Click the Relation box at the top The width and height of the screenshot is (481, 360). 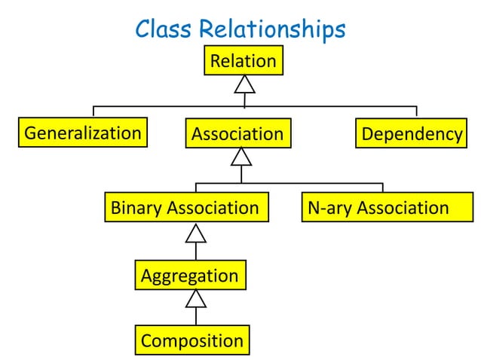(x=244, y=61)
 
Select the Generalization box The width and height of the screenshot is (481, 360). (x=83, y=133)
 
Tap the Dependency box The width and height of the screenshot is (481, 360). (x=411, y=134)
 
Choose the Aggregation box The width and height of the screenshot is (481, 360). (x=190, y=276)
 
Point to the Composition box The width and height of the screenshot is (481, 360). (x=192, y=340)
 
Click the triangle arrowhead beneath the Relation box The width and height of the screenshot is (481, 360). (x=244, y=84)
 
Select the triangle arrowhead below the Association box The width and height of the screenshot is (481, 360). (x=240, y=157)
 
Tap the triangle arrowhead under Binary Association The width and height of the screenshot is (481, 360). (x=196, y=233)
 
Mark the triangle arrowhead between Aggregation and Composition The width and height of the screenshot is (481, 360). (x=196, y=299)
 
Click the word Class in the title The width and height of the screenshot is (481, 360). (x=163, y=29)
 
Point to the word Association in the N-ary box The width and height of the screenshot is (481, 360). (x=403, y=208)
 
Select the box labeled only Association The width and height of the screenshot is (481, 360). (x=237, y=135)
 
